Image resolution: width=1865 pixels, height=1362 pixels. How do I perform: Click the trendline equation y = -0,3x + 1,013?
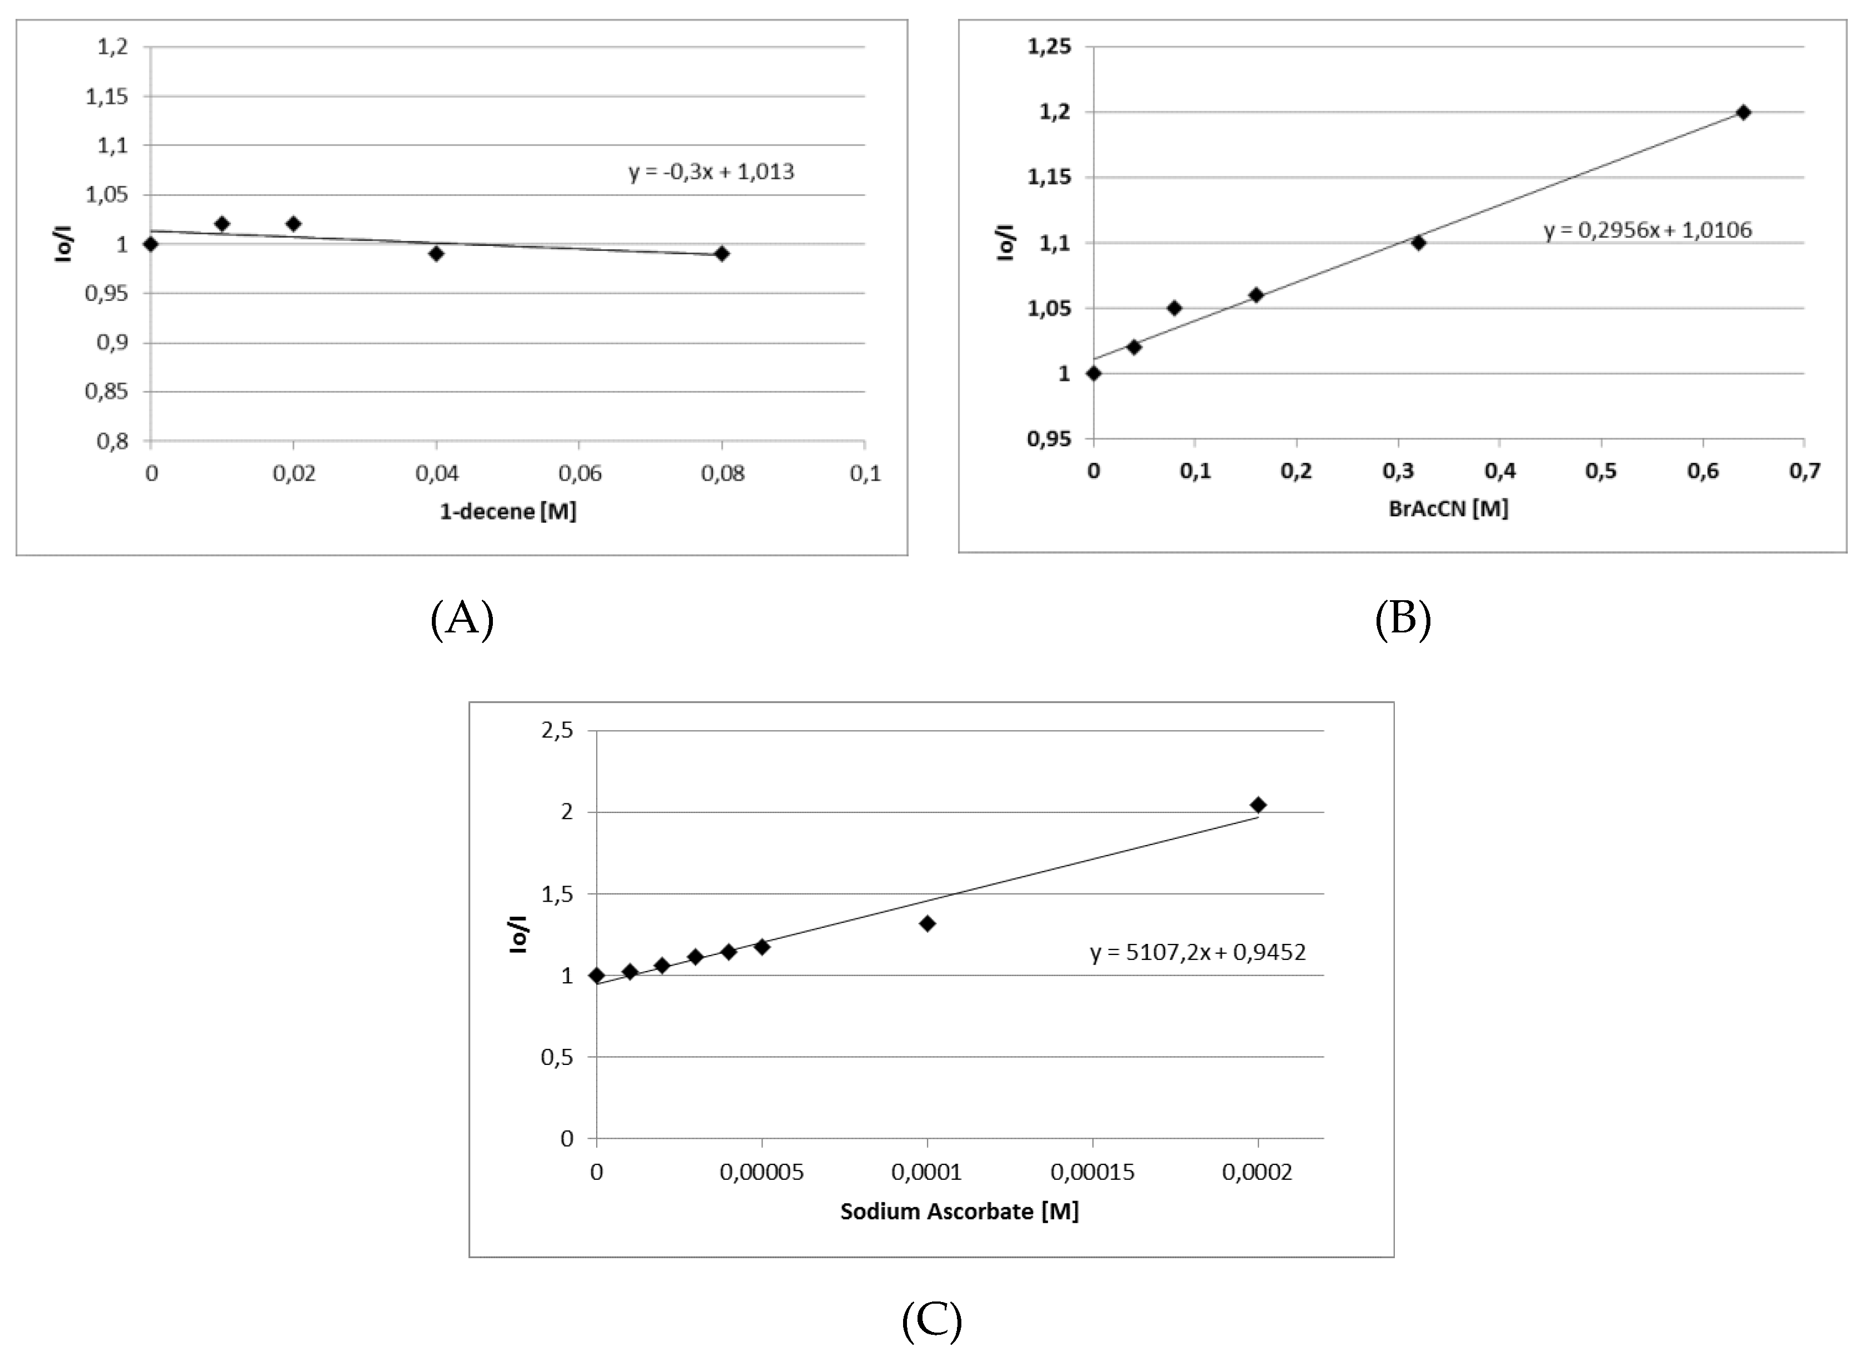coord(711,172)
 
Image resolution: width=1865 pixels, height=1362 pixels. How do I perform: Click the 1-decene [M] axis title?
coord(508,511)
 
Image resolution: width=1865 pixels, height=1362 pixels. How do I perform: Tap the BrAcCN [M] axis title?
coord(1449,508)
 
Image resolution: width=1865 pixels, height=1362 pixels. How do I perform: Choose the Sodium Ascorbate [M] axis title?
coord(959,1211)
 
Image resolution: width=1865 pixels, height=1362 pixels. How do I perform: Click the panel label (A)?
coord(462,617)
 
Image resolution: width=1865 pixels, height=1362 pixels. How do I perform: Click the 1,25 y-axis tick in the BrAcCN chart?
coord(1049,46)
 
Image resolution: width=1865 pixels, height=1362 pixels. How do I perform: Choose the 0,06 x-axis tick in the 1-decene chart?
coord(579,473)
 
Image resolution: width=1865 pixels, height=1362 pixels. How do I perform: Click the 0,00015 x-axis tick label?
coord(1093,1172)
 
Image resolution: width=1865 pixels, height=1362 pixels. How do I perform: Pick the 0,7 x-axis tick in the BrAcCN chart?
coord(1805,471)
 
